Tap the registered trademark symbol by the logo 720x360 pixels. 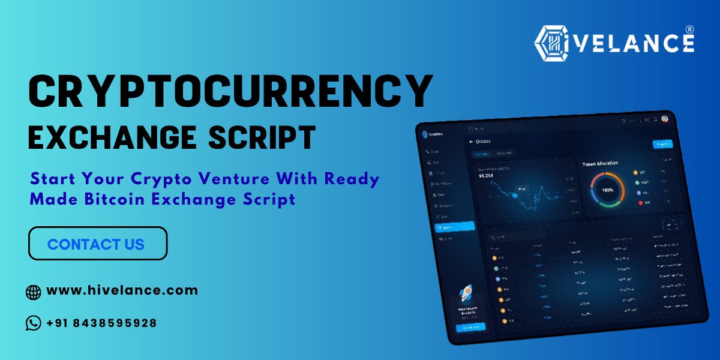tap(689, 29)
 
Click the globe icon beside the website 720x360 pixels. tap(34, 292)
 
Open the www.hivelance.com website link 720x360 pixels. tap(122, 290)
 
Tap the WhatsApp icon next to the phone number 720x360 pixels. tap(34, 323)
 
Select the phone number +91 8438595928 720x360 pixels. tap(101, 323)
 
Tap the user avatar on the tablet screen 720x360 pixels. tap(665, 119)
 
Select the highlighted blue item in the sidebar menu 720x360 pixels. tap(454, 227)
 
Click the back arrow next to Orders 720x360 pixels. tap(471, 142)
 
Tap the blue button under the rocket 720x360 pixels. tap(470, 327)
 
